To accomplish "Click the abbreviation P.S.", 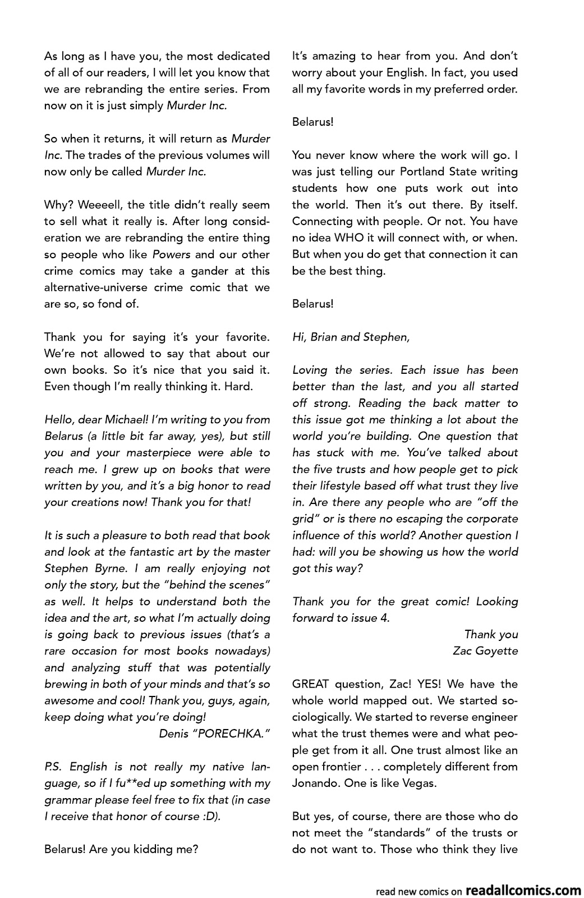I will coord(53,767).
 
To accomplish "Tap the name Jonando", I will coord(313,783).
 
